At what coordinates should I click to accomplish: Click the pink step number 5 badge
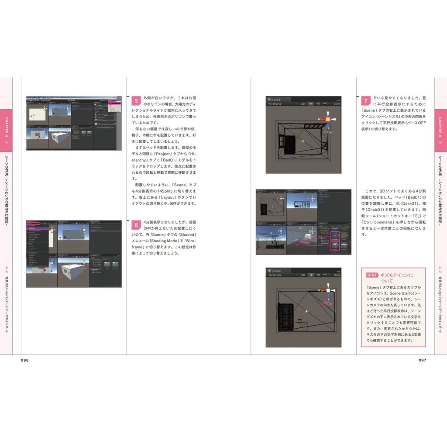click(136, 101)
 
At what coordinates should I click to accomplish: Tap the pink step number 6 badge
click(136, 225)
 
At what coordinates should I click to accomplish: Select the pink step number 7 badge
click(366, 101)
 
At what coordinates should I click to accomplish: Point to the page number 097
click(422, 360)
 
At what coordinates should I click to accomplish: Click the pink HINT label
click(372, 275)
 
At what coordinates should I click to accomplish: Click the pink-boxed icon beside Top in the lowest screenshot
click(324, 303)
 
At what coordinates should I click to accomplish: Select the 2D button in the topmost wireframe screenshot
click(302, 104)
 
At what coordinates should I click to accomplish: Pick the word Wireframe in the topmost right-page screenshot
click(275, 104)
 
